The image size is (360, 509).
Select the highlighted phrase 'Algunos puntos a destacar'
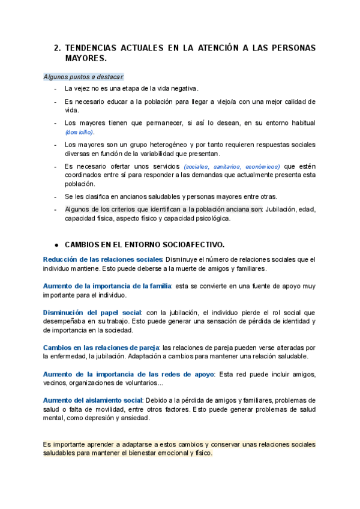pos(83,77)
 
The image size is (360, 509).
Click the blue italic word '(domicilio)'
pos(79,132)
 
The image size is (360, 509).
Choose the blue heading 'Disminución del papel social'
pos(92,313)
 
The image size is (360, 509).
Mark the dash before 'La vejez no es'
pos(56,89)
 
